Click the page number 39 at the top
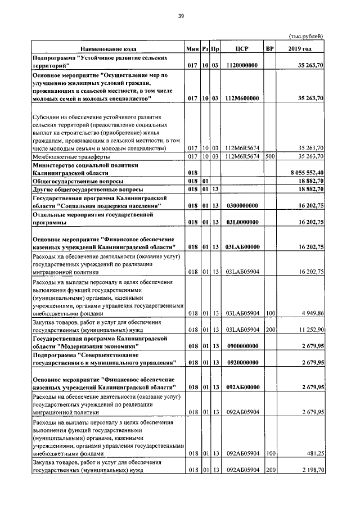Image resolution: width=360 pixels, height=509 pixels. click(x=181, y=16)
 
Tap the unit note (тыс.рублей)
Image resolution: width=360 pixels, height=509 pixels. click(x=305, y=36)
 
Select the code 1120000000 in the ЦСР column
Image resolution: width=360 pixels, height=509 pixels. click(x=242, y=66)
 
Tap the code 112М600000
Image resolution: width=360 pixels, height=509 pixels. click(x=242, y=98)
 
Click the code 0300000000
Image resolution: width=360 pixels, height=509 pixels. click(x=242, y=206)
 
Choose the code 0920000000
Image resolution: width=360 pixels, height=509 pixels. click(x=242, y=363)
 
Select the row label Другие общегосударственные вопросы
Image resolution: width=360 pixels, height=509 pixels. click(x=88, y=190)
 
